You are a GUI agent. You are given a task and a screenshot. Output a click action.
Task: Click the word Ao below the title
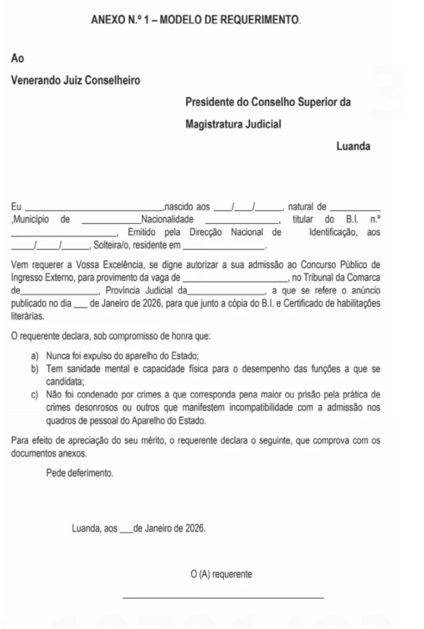point(17,58)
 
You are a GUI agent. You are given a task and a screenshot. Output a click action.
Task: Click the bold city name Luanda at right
point(353,147)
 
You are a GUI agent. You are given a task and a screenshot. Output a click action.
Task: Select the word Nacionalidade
point(166,220)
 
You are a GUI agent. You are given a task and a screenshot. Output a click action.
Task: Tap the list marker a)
point(35,357)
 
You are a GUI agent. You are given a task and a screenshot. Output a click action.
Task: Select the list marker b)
point(35,368)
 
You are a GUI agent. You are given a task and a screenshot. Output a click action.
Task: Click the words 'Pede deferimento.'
point(80,473)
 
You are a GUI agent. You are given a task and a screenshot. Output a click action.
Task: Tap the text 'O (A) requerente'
point(222,574)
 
